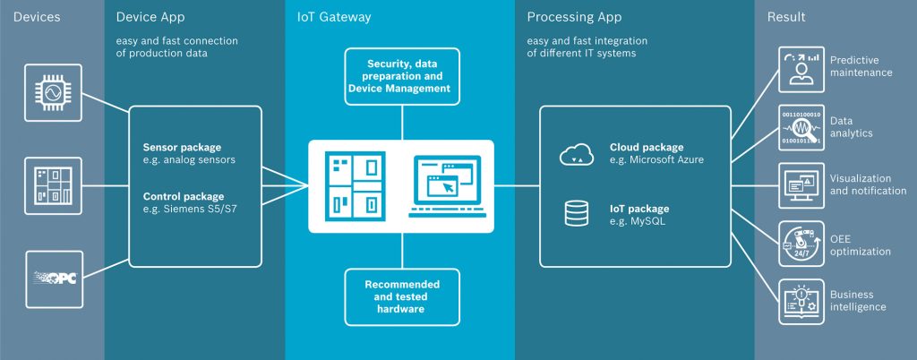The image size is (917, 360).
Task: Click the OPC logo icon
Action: [x=53, y=277]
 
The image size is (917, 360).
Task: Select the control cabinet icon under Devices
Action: [x=53, y=185]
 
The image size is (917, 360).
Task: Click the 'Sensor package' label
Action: [x=182, y=147]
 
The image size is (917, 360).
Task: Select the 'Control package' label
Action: [x=184, y=196]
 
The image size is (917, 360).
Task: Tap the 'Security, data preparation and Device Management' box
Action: [x=401, y=76]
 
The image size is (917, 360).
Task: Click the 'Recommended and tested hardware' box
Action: [x=401, y=296]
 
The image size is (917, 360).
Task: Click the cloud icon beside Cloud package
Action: [x=576, y=155]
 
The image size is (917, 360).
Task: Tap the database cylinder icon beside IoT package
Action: [x=576, y=212]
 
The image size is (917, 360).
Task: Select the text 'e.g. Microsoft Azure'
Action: [x=658, y=159]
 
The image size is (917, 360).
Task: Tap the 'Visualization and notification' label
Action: [x=868, y=184]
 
